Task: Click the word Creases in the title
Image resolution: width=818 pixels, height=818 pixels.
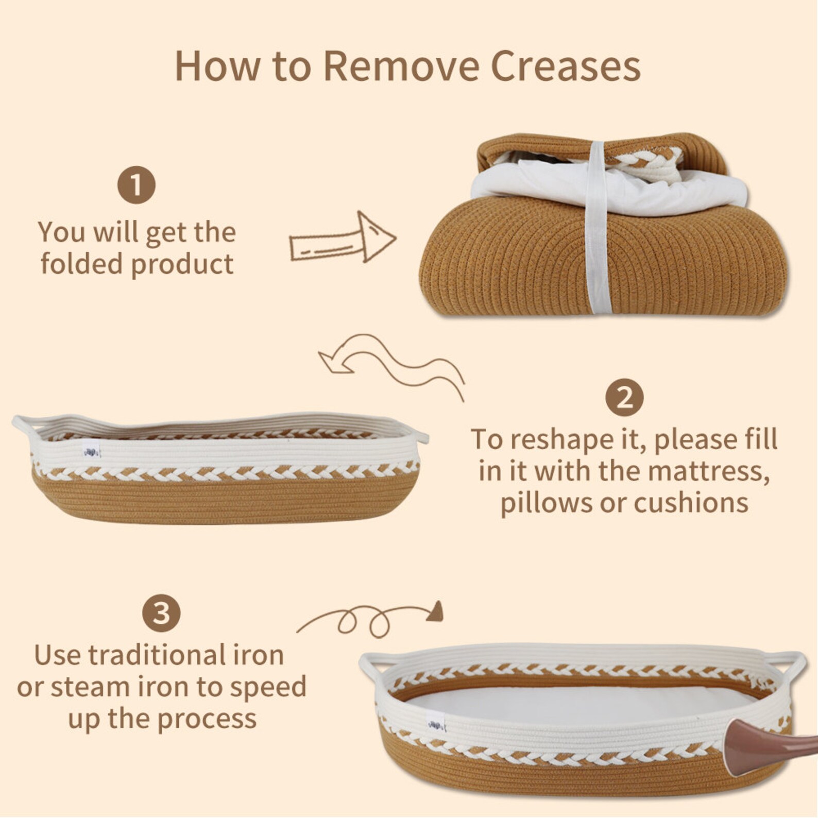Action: (566, 66)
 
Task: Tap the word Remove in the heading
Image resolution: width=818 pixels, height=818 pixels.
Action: (401, 66)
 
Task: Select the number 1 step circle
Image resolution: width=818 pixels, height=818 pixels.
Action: (137, 185)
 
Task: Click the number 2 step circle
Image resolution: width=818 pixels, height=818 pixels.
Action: (624, 398)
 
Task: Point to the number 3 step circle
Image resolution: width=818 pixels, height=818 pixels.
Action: (161, 613)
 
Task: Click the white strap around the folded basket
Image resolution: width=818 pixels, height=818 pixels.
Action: (599, 227)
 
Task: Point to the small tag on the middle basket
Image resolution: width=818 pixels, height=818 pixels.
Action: (92, 452)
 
